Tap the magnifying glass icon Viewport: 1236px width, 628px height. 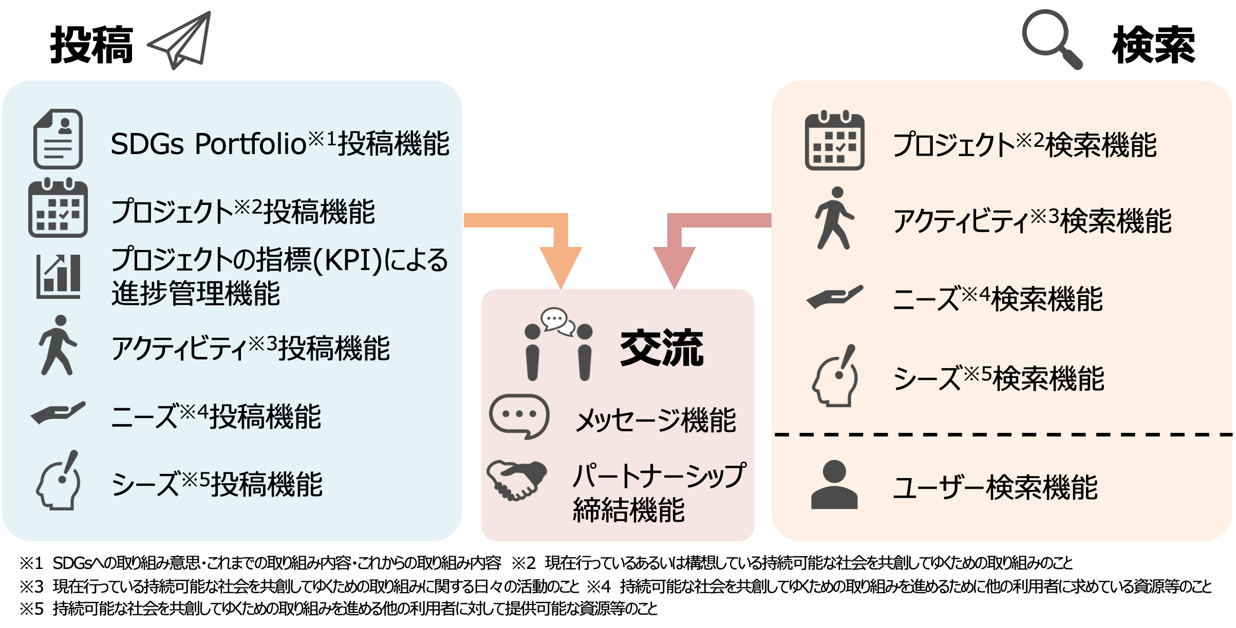(1051, 39)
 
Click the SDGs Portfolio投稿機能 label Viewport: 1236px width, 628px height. (280, 144)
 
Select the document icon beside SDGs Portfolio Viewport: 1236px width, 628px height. (58, 139)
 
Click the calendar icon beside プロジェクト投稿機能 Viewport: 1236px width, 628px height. (58, 208)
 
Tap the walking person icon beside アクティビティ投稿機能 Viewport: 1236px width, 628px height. (58, 345)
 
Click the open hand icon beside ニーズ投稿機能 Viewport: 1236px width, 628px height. (58, 413)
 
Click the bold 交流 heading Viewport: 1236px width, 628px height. (662, 349)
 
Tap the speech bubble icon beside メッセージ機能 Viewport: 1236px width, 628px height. (519, 416)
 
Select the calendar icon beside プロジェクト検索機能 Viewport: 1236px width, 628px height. (834, 141)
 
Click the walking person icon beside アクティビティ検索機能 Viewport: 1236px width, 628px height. (834, 218)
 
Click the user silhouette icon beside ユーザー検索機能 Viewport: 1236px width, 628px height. (834, 485)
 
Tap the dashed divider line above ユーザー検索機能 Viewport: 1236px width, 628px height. (1002, 435)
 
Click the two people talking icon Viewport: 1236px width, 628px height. (558, 344)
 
